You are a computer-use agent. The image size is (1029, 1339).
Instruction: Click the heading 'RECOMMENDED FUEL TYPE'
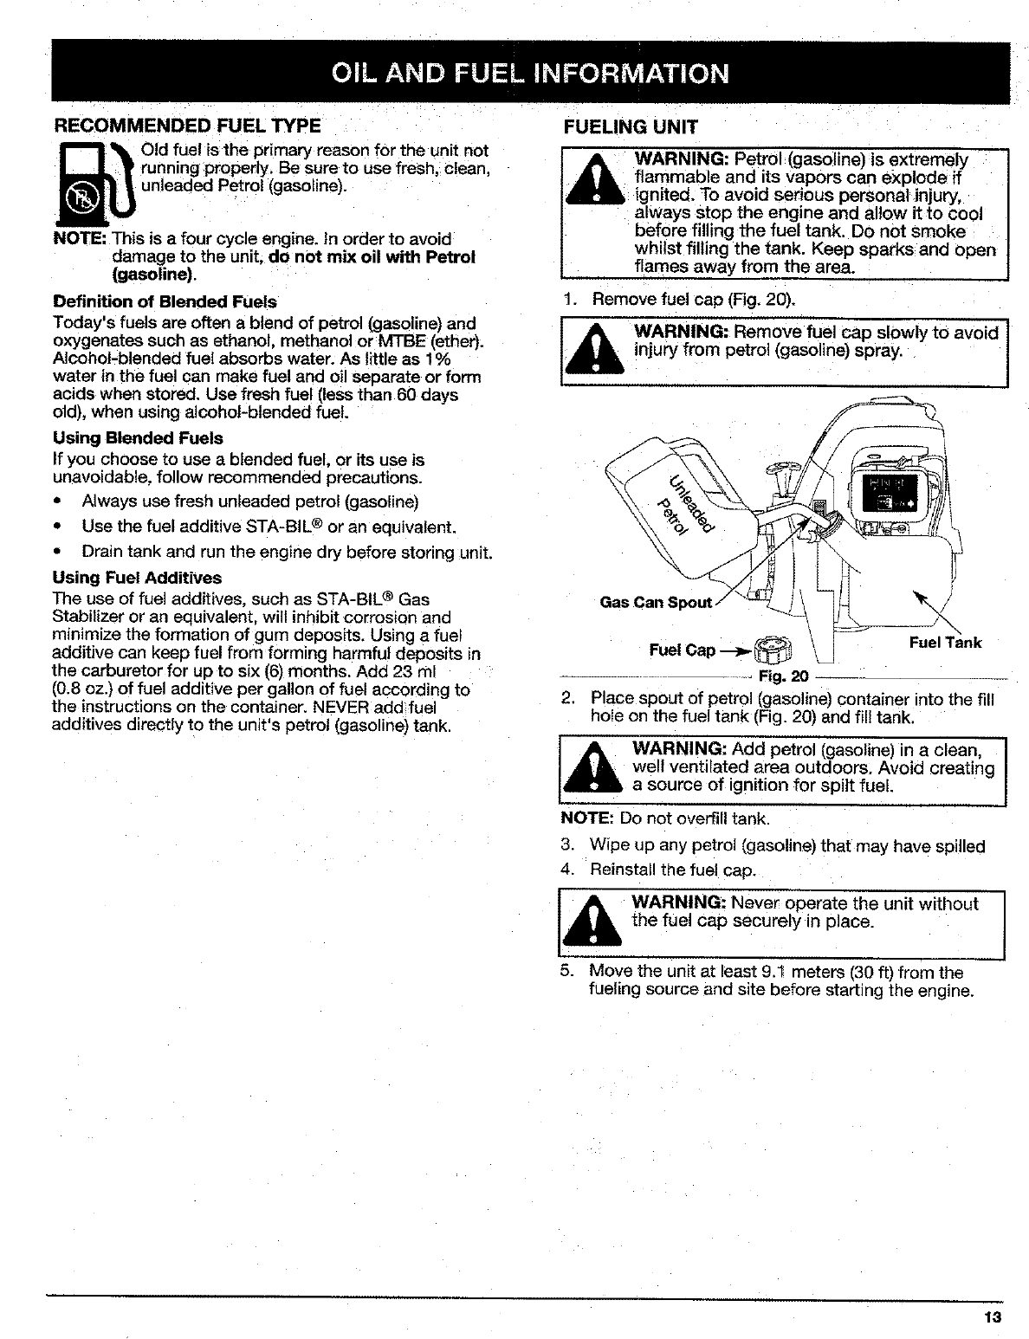[x=187, y=126]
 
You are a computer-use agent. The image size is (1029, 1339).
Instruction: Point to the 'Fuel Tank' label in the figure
[x=945, y=642]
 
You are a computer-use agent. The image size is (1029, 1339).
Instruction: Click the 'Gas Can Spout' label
[x=656, y=603]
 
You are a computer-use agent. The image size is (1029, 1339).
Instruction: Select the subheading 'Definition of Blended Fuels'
[x=165, y=302]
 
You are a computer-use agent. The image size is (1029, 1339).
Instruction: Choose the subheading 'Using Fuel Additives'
[x=137, y=578]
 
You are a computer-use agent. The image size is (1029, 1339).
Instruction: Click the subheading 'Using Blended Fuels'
[x=138, y=438]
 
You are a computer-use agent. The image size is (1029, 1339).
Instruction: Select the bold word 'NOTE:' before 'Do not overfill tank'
[x=588, y=819]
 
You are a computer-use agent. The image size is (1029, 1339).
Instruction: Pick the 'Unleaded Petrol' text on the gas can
[x=683, y=504]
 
